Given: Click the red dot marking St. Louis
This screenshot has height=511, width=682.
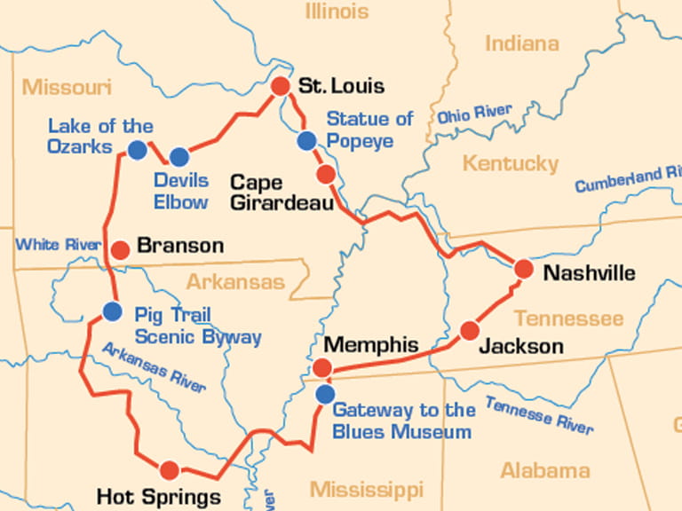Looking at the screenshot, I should (280, 86).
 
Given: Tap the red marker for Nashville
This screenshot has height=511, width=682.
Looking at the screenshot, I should (523, 269).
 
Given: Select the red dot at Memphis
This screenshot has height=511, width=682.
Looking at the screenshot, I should (323, 367).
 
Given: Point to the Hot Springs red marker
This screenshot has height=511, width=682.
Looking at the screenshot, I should (169, 470).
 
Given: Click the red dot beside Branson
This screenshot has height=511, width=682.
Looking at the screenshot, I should (120, 248).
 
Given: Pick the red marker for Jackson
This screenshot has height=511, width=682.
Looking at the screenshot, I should (470, 331).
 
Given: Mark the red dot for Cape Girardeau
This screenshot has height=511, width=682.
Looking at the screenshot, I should (326, 174).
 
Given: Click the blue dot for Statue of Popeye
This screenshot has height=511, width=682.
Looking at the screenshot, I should (307, 140).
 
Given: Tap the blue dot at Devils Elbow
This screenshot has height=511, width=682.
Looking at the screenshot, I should (179, 157).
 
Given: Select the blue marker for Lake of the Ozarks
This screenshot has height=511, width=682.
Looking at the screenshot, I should (137, 150).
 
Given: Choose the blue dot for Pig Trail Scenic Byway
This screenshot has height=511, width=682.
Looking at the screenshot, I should (112, 311).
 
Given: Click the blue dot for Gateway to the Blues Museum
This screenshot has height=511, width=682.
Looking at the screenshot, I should (326, 393).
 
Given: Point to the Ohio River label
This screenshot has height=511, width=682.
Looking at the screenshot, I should (474, 114).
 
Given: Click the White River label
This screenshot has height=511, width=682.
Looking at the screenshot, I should (59, 244).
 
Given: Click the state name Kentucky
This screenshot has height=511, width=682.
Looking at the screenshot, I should (510, 163).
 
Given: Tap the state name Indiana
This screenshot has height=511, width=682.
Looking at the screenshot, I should (521, 43).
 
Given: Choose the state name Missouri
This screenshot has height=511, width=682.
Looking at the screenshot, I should (67, 87).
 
